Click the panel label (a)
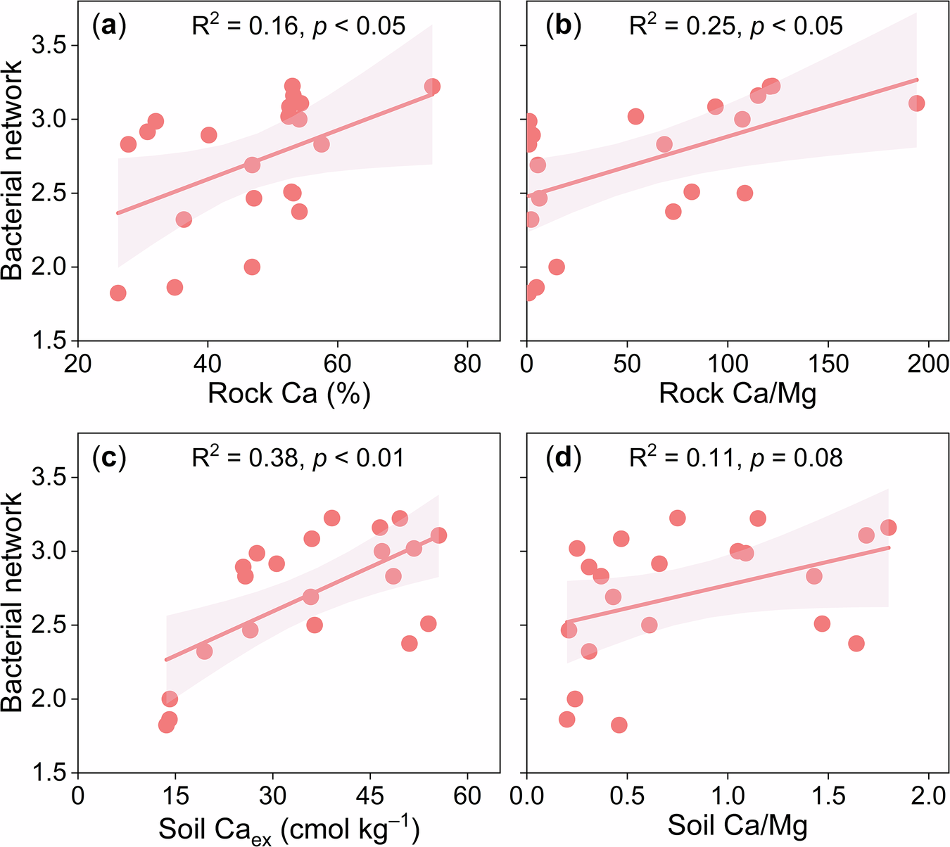[x=109, y=27]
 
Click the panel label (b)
[x=564, y=27]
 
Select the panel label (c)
[x=109, y=458]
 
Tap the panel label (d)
[x=564, y=458]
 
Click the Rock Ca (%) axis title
[x=289, y=393]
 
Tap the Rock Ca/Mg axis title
[x=737, y=393]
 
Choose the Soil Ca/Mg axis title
[x=737, y=825]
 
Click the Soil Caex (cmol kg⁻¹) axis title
[x=289, y=828]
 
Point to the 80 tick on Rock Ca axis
[x=467, y=364]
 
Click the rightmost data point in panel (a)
[x=432, y=87]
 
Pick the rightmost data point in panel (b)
[x=916, y=103]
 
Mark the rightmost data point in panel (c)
[x=438, y=535]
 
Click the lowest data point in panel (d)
[x=619, y=725]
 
